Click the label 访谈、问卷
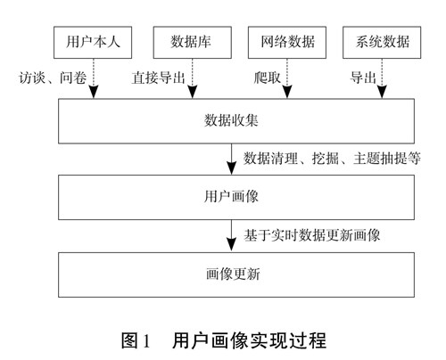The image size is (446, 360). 53,78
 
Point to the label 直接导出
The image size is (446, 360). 158,78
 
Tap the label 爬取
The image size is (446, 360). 267,78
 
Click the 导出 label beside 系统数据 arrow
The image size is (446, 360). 363,78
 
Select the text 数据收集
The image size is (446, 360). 231,120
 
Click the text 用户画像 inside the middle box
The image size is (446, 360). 231,197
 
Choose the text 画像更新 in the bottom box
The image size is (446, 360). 233,274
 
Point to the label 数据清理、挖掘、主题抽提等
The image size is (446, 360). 332,159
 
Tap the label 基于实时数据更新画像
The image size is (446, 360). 312,235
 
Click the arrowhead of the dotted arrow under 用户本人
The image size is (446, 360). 94,92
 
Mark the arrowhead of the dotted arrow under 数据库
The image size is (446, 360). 193,92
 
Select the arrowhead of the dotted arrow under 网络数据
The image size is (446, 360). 287,92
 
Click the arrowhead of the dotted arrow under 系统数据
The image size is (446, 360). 382,92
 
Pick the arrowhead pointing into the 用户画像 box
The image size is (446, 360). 231,168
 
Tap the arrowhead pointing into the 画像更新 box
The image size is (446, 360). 231,245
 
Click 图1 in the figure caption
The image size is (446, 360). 136,340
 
